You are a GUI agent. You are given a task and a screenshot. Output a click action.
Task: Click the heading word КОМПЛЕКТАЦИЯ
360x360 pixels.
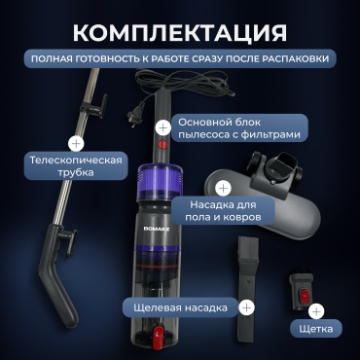tap(180, 32)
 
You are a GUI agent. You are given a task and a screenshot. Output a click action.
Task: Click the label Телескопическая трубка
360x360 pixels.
tap(76, 165)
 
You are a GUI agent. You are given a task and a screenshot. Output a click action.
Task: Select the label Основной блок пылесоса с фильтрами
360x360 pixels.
tap(239, 128)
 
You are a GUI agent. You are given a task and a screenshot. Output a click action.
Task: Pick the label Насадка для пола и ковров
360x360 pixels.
tap(223, 210)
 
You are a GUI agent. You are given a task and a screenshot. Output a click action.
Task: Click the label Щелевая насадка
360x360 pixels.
tap(180, 307)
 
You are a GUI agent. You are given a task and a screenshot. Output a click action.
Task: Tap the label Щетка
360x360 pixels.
tap(316, 329)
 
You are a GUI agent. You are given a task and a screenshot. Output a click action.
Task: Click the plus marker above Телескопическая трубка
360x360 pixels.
tap(76, 143)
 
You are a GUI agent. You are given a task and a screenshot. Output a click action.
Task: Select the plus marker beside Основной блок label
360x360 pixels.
tap(162, 128)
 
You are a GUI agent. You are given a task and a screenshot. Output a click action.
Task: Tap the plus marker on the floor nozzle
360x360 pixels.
tap(223, 188)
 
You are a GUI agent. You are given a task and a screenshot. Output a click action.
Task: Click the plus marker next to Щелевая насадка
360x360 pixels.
tap(246, 307)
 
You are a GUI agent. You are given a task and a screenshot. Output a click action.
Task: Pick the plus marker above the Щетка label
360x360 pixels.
tap(316, 311)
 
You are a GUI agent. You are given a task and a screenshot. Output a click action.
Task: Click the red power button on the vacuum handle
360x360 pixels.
tap(163, 144)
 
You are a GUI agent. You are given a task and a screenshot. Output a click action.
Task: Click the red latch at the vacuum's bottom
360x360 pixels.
tap(159, 334)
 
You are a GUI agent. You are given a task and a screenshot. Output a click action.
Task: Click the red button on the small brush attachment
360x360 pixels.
tap(305, 296)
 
